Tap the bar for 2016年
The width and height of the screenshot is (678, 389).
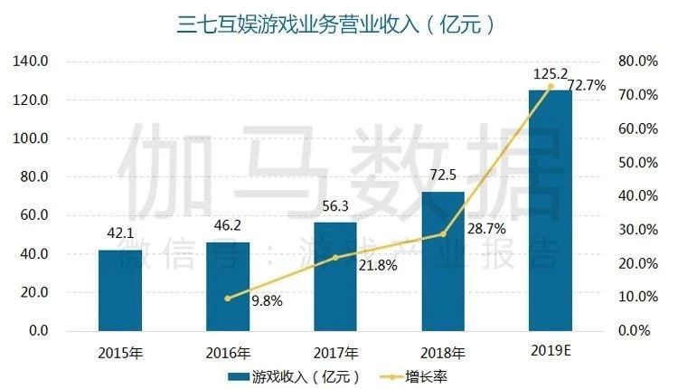pyautogui.click(x=228, y=286)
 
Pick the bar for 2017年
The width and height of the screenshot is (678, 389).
pyautogui.click(x=334, y=276)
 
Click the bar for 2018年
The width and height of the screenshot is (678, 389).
pyautogui.click(x=442, y=261)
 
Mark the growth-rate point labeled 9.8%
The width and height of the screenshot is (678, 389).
pyautogui.click(x=228, y=298)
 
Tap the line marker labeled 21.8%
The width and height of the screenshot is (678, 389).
pyautogui.click(x=334, y=258)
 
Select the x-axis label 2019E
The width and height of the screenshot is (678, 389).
pyautogui.click(x=550, y=350)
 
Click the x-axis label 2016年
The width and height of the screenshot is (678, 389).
pyautogui.click(x=228, y=352)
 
